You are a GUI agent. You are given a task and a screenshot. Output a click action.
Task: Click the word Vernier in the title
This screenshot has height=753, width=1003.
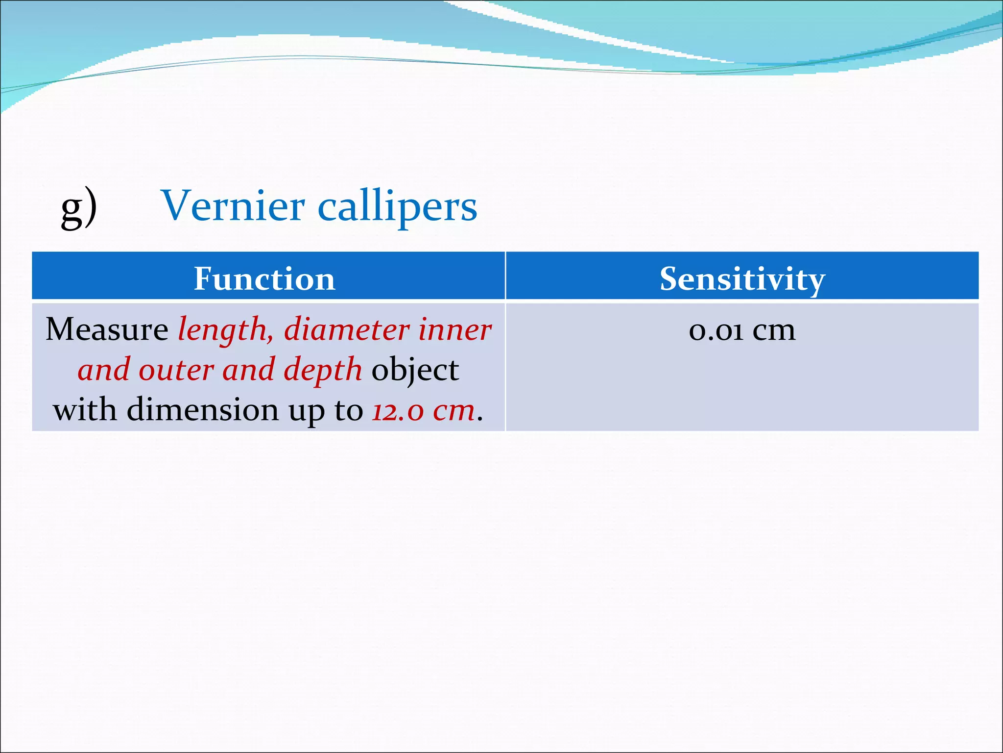pyautogui.click(x=233, y=206)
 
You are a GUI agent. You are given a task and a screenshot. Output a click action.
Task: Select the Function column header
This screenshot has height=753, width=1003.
pyautogui.click(x=264, y=278)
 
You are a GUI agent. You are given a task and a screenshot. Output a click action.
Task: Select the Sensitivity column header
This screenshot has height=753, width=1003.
pyautogui.click(x=742, y=278)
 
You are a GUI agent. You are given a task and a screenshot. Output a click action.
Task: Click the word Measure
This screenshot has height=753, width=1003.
pyautogui.click(x=107, y=329)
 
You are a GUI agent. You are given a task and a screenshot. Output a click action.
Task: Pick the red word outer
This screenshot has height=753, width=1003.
pyautogui.click(x=176, y=370)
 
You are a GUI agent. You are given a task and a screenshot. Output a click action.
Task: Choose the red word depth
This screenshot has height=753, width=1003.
pyautogui.click(x=323, y=371)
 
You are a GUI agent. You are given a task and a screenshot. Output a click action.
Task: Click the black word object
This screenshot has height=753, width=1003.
pyautogui.click(x=415, y=371)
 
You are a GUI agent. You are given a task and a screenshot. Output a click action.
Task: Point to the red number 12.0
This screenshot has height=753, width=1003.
pyautogui.click(x=397, y=411)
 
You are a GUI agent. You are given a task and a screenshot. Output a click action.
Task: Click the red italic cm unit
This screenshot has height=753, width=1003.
pyautogui.click(x=454, y=411)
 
